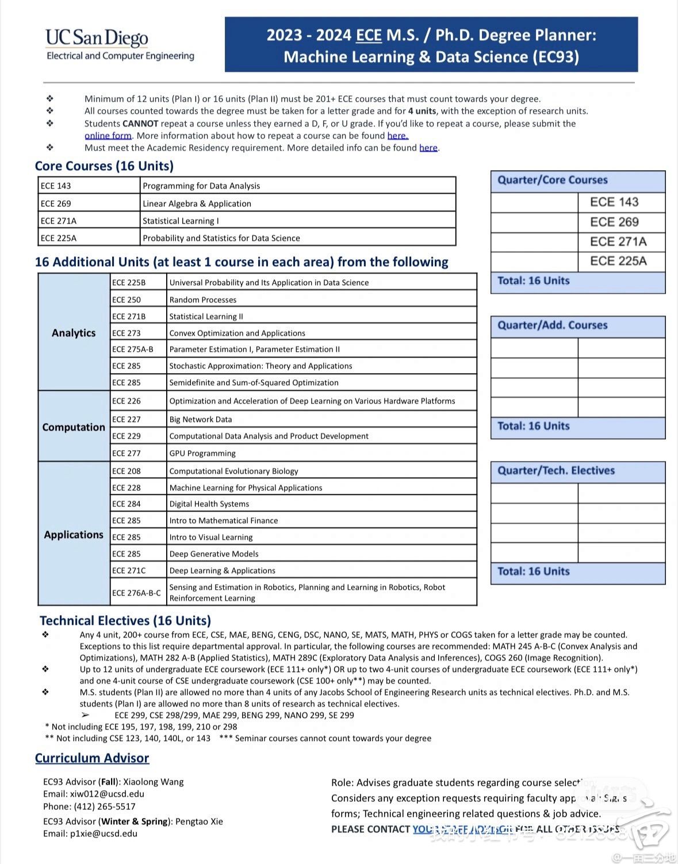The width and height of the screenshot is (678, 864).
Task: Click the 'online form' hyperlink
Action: (x=108, y=136)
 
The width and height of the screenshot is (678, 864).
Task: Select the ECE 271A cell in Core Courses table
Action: (x=59, y=221)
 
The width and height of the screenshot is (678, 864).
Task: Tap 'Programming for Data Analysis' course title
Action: (x=201, y=186)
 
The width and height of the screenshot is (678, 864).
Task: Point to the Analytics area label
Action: (x=74, y=333)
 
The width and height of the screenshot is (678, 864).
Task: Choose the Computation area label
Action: (x=74, y=427)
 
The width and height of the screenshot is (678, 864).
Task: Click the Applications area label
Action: (x=74, y=535)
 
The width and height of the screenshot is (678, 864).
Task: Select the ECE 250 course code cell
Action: (x=127, y=299)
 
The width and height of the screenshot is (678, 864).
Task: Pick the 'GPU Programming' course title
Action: (x=202, y=453)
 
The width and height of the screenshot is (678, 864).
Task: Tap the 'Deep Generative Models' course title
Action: (x=214, y=554)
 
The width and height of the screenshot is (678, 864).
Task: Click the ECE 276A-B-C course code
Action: (x=136, y=593)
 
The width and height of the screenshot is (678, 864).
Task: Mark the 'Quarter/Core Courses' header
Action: (x=552, y=180)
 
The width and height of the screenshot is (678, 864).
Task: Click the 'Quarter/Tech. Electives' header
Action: (x=556, y=470)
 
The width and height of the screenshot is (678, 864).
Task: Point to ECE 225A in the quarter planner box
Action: (x=618, y=261)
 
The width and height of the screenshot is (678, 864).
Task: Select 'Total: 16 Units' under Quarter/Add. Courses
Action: (x=533, y=426)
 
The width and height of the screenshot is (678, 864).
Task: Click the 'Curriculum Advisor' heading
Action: (x=92, y=758)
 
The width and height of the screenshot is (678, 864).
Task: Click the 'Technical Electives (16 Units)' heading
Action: (x=125, y=621)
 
